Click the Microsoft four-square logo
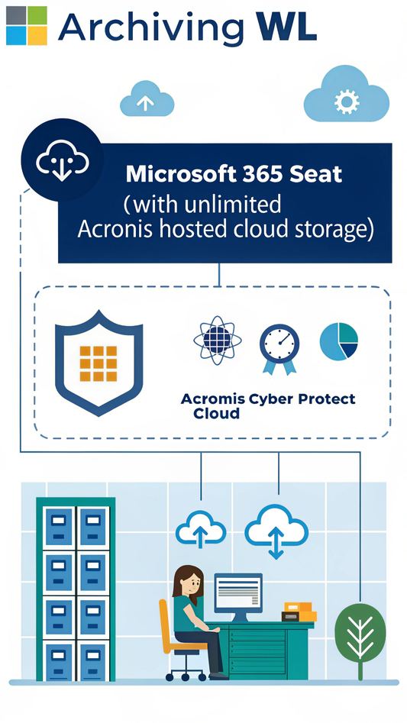pyautogui.click(x=26, y=25)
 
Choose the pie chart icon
pyautogui.click(x=338, y=341)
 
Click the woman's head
pyautogui.click(x=186, y=581)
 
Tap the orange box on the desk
pyautogui.click(x=301, y=610)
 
